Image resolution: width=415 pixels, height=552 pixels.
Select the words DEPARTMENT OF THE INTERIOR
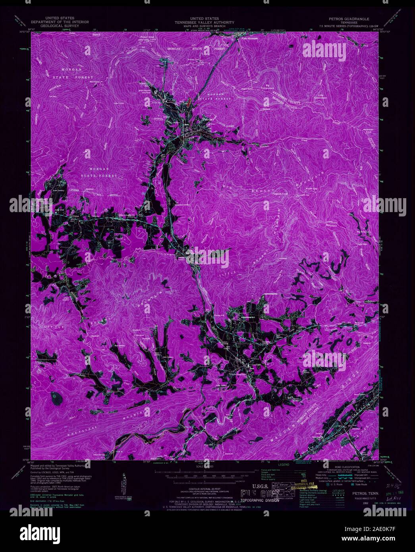67,22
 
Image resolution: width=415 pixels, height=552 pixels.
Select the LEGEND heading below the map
284,464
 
